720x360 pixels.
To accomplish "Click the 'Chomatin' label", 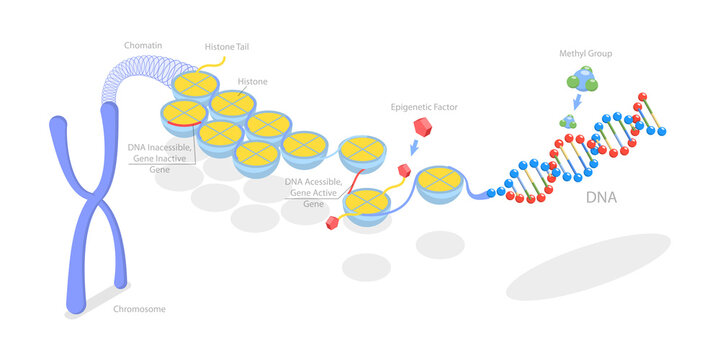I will pyautogui.click(x=142, y=46).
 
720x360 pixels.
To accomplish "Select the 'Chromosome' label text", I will pyautogui.click(x=139, y=309).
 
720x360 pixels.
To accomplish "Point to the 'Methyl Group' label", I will pyautogui.click(x=586, y=52).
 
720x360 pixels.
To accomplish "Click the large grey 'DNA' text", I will pyautogui.click(x=602, y=198).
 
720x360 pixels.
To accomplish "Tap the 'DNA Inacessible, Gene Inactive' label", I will pyautogui.click(x=159, y=153).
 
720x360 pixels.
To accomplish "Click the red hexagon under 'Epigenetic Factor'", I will pyautogui.click(x=422, y=126).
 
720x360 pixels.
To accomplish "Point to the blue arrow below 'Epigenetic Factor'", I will pyautogui.click(x=415, y=148).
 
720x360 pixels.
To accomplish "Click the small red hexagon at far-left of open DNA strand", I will pyautogui.click(x=329, y=223).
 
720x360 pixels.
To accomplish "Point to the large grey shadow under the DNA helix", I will pyautogui.click(x=587, y=266).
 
